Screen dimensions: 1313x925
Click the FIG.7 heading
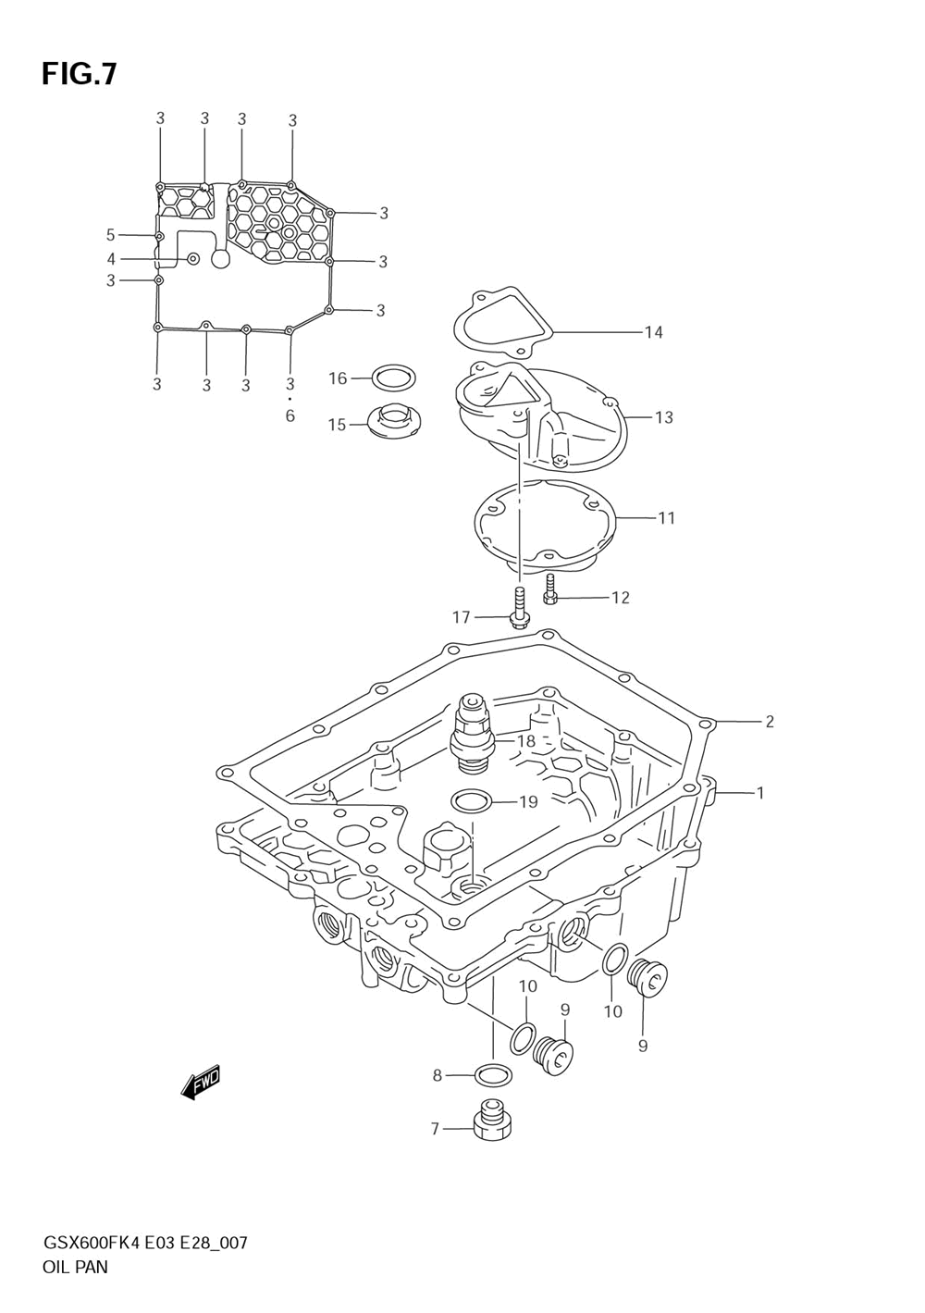(x=79, y=74)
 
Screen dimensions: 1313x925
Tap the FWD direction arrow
(x=201, y=1082)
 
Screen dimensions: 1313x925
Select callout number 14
(x=653, y=332)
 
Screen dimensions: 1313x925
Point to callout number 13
(x=663, y=417)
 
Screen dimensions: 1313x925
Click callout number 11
(x=666, y=518)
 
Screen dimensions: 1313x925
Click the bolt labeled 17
(x=519, y=610)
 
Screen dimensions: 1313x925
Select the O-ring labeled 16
(x=393, y=378)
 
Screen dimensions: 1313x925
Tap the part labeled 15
(x=393, y=422)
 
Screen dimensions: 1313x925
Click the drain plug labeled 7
(x=491, y=1122)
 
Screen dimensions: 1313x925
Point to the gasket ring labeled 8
(x=493, y=1075)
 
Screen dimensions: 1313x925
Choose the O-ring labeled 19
(x=471, y=799)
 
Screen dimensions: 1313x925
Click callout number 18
(x=525, y=741)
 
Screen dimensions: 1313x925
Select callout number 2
(x=769, y=722)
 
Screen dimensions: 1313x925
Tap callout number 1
(x=759, y=793)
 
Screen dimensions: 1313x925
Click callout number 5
(x=110, y=235)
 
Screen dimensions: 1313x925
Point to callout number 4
(x=111, y=259)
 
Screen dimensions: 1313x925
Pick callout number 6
(x=290, y=416)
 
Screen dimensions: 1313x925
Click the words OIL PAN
(x=75, y=1268)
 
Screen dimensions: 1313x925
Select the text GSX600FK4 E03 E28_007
(x=144, y=1243)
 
